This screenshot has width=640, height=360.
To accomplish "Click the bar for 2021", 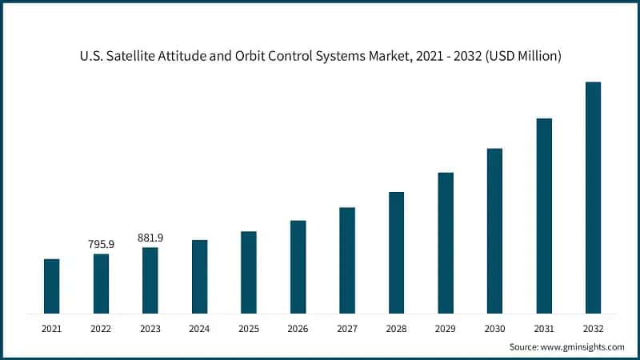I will [x=52, y=286].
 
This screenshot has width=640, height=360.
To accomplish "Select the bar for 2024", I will [x=199, y=276].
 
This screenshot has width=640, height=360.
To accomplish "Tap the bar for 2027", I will [x=347, y=260].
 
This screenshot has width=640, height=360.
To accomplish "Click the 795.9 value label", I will [x=101, y=244].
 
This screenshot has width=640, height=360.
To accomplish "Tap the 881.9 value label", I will [x=150, y=238].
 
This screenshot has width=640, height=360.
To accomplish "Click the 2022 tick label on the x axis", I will [x=101, y=328].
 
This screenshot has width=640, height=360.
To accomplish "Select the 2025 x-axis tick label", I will [x=249, y=328].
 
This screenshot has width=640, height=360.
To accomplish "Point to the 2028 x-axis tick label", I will [x=396, y=328].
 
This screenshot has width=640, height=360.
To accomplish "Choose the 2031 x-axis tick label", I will [x=544, y=328].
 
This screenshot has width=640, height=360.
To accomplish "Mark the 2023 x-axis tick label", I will [x=150, y=328].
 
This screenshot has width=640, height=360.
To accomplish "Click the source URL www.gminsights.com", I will [x=584, y=346].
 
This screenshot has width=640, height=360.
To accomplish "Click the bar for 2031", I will [x=544, y=215].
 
